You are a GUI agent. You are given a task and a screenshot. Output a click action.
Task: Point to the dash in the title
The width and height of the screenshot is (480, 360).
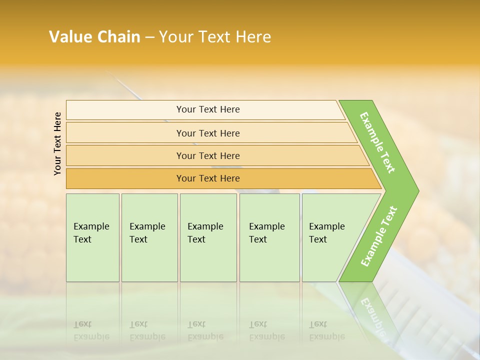coord(149,37)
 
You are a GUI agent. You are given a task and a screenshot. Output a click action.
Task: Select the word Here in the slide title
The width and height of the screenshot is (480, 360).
coord(253,37)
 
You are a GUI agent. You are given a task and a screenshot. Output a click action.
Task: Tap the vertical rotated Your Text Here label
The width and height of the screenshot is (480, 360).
coord(57,143)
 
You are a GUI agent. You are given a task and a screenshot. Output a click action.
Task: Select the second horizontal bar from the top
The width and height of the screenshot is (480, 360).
coord(207,133)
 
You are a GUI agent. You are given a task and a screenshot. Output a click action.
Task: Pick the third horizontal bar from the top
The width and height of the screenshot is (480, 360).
coord(207,155)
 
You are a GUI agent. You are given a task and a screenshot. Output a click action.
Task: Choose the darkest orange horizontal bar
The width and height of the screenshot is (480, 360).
coord(207,178)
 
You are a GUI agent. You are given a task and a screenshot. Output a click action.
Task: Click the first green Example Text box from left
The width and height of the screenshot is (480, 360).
coord(92,237)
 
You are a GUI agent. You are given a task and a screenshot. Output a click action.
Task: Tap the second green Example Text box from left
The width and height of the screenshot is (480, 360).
coord(149,237)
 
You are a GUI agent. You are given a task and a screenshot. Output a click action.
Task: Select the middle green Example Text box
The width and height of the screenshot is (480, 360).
coord(208,237)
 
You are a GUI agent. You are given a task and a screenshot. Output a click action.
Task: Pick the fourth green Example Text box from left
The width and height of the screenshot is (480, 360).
coord(269,237)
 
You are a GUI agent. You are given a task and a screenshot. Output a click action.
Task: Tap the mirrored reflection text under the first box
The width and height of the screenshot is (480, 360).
coord(91,330)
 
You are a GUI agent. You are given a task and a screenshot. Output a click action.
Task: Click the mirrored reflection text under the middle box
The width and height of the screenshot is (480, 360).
coord(205,330)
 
